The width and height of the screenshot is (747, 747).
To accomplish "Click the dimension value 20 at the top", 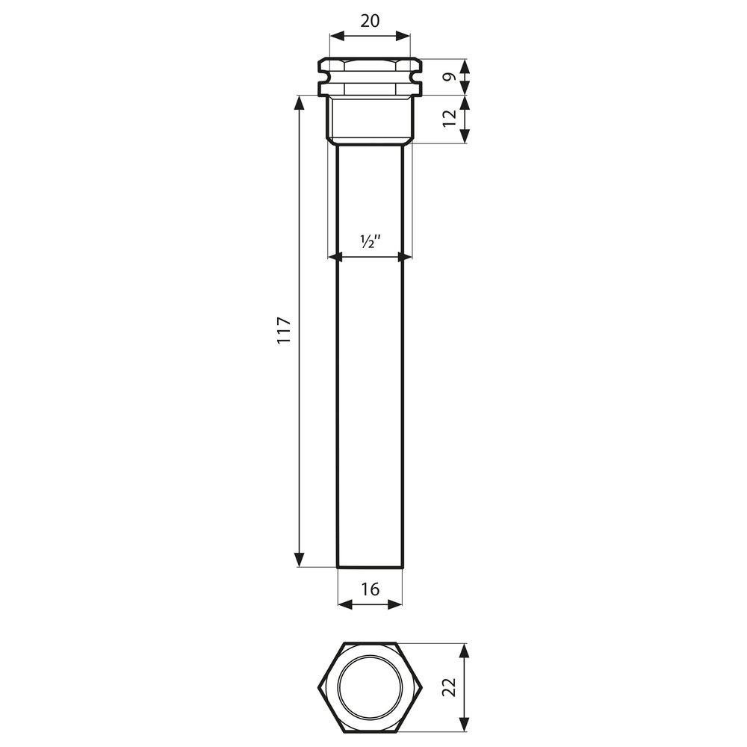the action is [x=370, y=21].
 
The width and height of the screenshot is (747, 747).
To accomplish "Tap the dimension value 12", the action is [x=449, y=119].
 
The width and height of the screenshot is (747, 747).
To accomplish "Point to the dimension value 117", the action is [x=283, y=329].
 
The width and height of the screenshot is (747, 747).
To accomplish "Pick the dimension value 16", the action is [x=370, y=589].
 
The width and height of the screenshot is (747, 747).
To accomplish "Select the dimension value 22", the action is [x=449, y=687].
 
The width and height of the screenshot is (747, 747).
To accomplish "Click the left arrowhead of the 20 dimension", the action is [x=337, y=36].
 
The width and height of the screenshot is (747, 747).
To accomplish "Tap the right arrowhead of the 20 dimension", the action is [x=403, y=36].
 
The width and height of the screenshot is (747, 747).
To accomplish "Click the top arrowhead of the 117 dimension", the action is [x=300, y=103].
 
